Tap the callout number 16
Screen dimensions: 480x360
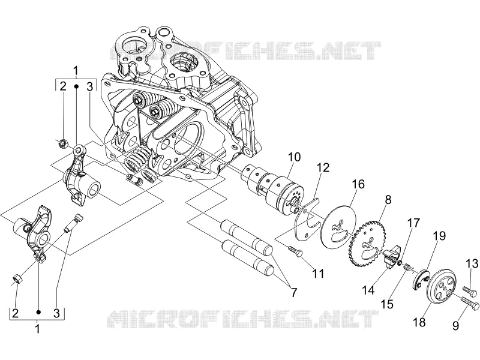coord(358,184)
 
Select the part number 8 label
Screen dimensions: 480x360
coord(388,200)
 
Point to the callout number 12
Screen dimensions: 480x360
coord(323,168)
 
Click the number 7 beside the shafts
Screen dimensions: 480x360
coord(294,292)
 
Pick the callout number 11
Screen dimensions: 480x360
coord(319,273)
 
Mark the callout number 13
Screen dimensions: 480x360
coord(472,263)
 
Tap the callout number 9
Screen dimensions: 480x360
coord(455,326)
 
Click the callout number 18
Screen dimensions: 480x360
coord(419,322)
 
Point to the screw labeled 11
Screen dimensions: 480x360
coord(296,251)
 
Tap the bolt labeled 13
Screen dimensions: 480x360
coord(470,291)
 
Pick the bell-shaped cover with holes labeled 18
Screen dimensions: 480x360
coord(442,287)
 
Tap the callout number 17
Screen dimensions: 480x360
coord(413,223)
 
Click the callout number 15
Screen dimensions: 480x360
coord(387,304)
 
